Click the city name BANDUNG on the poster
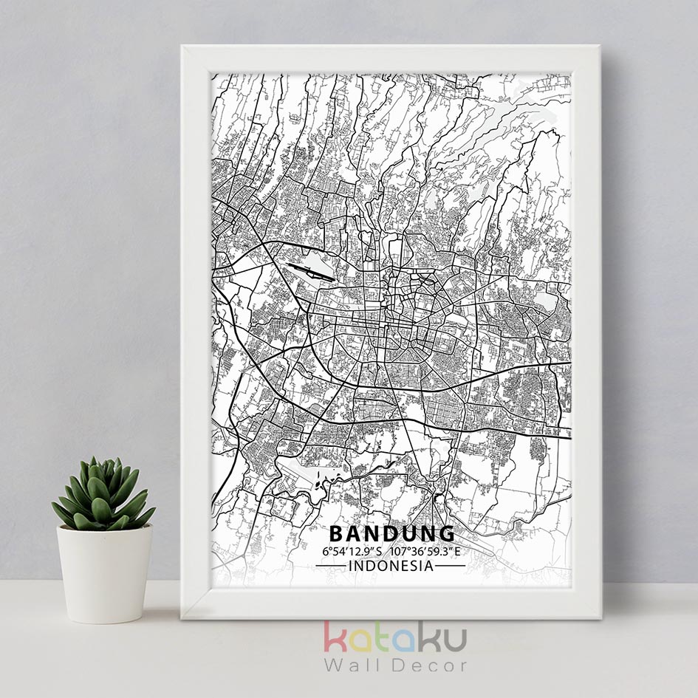(x=391, y=533)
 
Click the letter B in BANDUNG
(x=335, y=533)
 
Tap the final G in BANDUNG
(x=447, y=533)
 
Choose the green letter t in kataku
(x=380, y=638)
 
